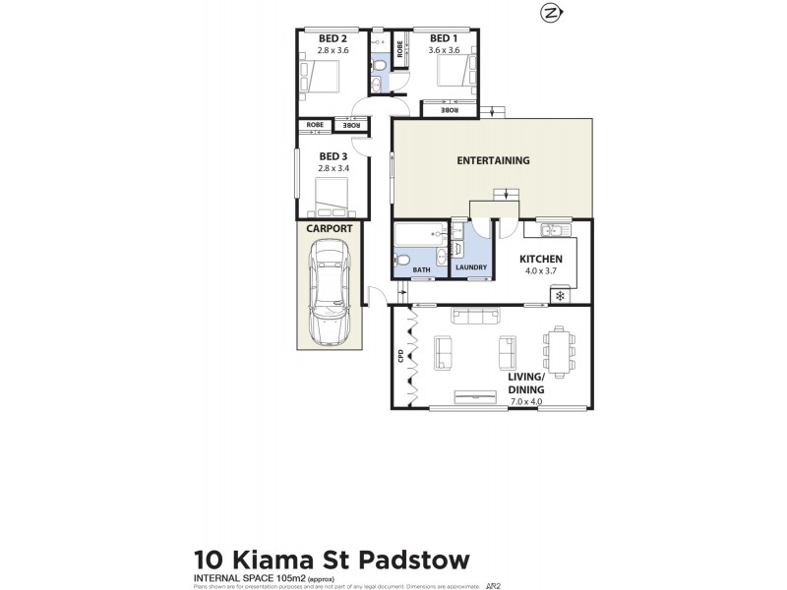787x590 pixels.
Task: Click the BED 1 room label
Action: point(444,38)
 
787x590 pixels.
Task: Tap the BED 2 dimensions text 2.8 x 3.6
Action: point(333,49)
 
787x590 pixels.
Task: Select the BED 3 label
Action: point(333,156)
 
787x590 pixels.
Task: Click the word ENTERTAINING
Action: point(493,160)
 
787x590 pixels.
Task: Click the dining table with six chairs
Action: point(560,352)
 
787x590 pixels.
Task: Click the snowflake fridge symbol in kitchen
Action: point(560,295)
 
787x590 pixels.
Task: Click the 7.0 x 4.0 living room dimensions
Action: point(525,401)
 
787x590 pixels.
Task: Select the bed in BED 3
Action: point(333,201)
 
